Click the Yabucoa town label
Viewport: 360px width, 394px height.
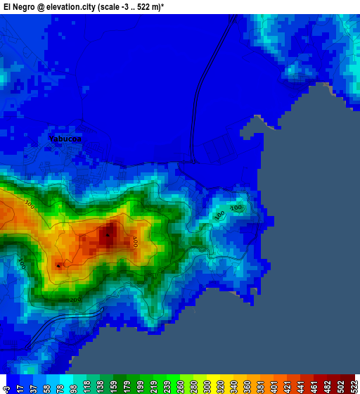coord(65,139)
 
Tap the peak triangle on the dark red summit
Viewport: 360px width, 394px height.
coord(108,234)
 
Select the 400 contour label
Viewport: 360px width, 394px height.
coord(134,241)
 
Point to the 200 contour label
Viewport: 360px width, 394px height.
coord(75,300)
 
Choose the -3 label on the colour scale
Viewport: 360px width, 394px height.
coord(6,388)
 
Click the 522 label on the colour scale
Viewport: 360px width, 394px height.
coord(354,388)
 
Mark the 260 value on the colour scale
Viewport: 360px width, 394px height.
coord(184,388)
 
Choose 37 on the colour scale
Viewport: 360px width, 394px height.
coord(34,388)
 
